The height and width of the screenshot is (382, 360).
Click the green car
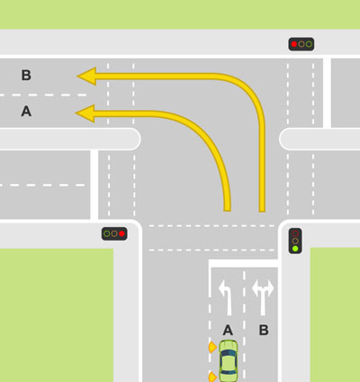229,361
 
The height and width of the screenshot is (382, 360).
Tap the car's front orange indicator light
212,347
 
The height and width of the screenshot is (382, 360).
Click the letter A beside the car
228,330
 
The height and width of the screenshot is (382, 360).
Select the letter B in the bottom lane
264,330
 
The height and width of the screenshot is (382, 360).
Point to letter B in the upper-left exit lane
26,75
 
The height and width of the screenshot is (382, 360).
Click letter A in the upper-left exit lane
26,111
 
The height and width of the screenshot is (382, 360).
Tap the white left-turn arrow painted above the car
227,297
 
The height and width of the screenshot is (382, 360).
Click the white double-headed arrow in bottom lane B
263,297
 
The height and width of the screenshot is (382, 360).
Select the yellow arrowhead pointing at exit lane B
86,76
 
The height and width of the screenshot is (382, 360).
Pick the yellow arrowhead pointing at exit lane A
85,114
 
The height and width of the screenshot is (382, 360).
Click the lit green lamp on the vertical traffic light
295,249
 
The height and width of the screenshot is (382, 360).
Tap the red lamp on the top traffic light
294,44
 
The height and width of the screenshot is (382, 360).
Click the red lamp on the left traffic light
121,233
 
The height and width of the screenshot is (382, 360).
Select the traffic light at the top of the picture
301,44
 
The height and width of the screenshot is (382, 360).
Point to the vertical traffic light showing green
295,241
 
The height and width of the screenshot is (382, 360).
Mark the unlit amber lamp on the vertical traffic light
295,241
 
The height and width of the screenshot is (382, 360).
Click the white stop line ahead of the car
244,263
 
